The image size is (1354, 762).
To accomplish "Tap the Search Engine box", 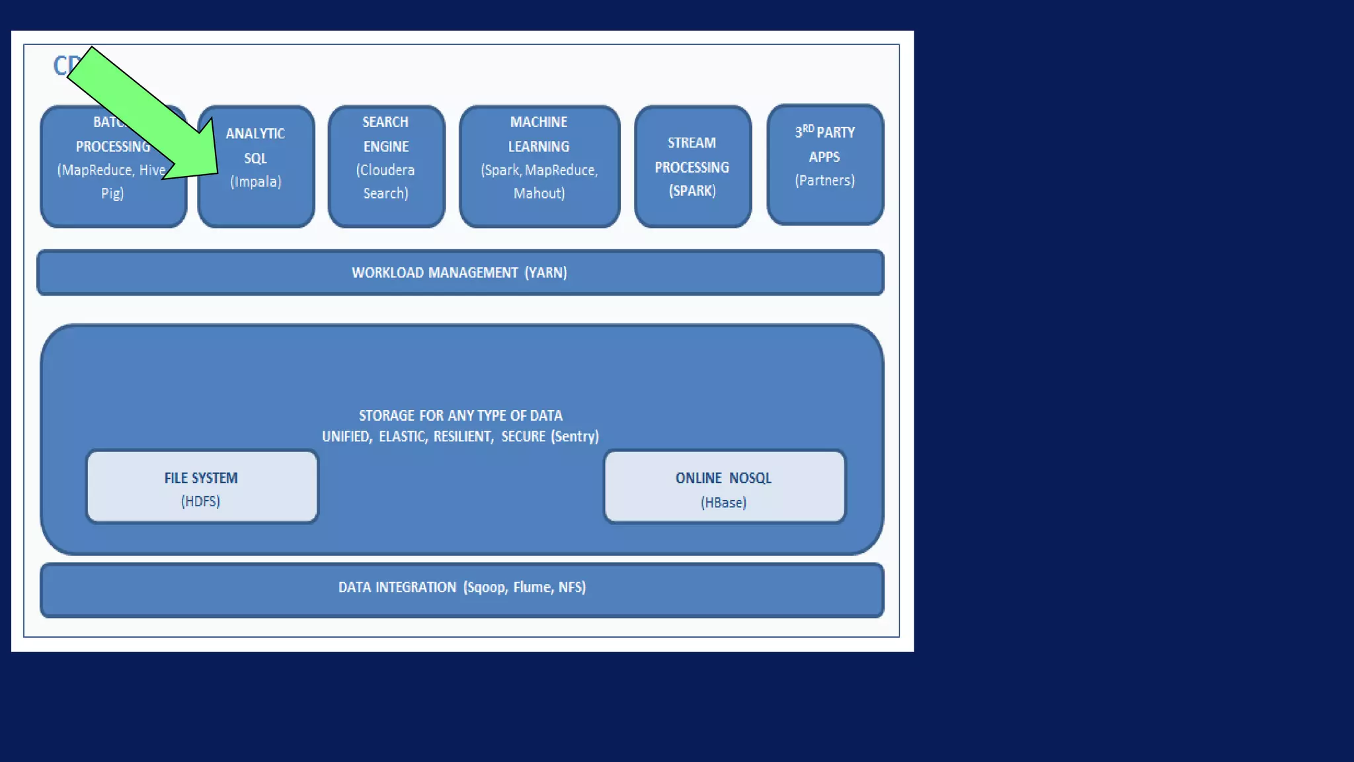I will (386, 166).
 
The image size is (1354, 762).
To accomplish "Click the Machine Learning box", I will (539, 166).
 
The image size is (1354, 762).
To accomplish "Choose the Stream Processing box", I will (692, 166).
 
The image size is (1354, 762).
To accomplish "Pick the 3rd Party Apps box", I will (825, 165).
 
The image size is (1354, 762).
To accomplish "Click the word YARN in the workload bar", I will (546, 273).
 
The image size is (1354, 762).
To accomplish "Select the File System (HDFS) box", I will (202, 487).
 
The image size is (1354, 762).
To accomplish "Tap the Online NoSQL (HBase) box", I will (724, 487).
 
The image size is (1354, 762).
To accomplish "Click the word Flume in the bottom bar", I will (532, 587).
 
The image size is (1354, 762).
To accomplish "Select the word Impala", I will (256, 182).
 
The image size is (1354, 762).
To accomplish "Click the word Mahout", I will (539, 194).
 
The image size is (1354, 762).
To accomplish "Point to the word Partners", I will (824, 181).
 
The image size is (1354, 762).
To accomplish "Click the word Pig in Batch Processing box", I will (111, 194).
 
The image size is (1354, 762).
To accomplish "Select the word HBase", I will (723, 503).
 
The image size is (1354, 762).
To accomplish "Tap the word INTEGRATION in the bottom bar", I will (416, 587).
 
